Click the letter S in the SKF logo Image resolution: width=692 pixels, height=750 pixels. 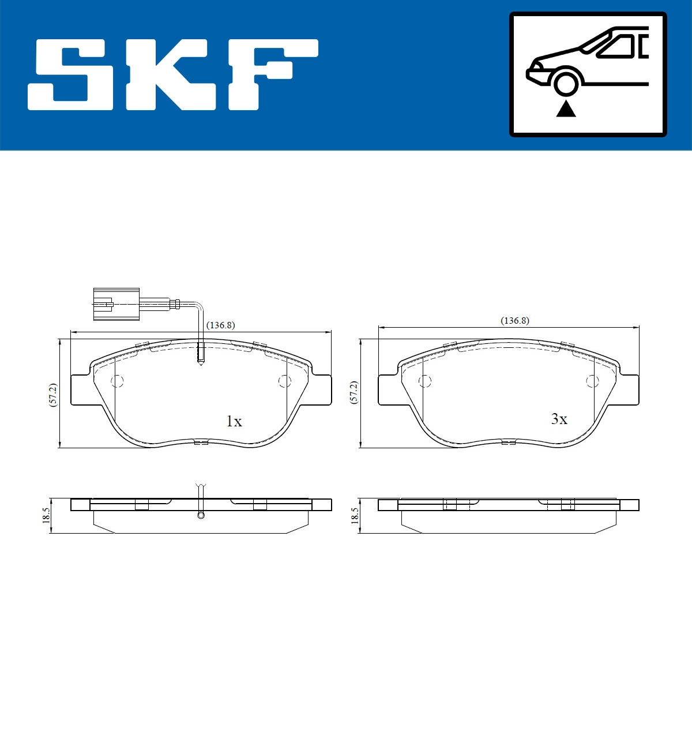72,75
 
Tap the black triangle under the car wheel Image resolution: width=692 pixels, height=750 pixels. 566,108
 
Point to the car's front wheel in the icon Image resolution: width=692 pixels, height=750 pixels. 566,81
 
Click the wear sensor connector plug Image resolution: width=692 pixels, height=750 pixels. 115,303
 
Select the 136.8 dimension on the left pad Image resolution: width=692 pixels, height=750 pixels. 221,325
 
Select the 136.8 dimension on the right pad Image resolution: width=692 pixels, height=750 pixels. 514,321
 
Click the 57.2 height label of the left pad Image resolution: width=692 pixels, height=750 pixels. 52,395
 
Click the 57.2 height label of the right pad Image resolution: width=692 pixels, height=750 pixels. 354,392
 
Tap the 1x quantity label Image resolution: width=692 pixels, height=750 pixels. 234,422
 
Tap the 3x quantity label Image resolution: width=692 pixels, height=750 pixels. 559,419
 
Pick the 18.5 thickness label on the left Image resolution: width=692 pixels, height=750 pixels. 46,515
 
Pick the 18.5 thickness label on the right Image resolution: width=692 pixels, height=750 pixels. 354,515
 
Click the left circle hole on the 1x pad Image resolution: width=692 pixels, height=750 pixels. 117,381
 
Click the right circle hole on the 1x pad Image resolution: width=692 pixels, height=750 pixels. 284,381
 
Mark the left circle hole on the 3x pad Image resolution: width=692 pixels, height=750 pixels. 425,381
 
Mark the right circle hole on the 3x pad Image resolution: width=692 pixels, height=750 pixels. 592,381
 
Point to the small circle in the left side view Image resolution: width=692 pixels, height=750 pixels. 201,515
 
